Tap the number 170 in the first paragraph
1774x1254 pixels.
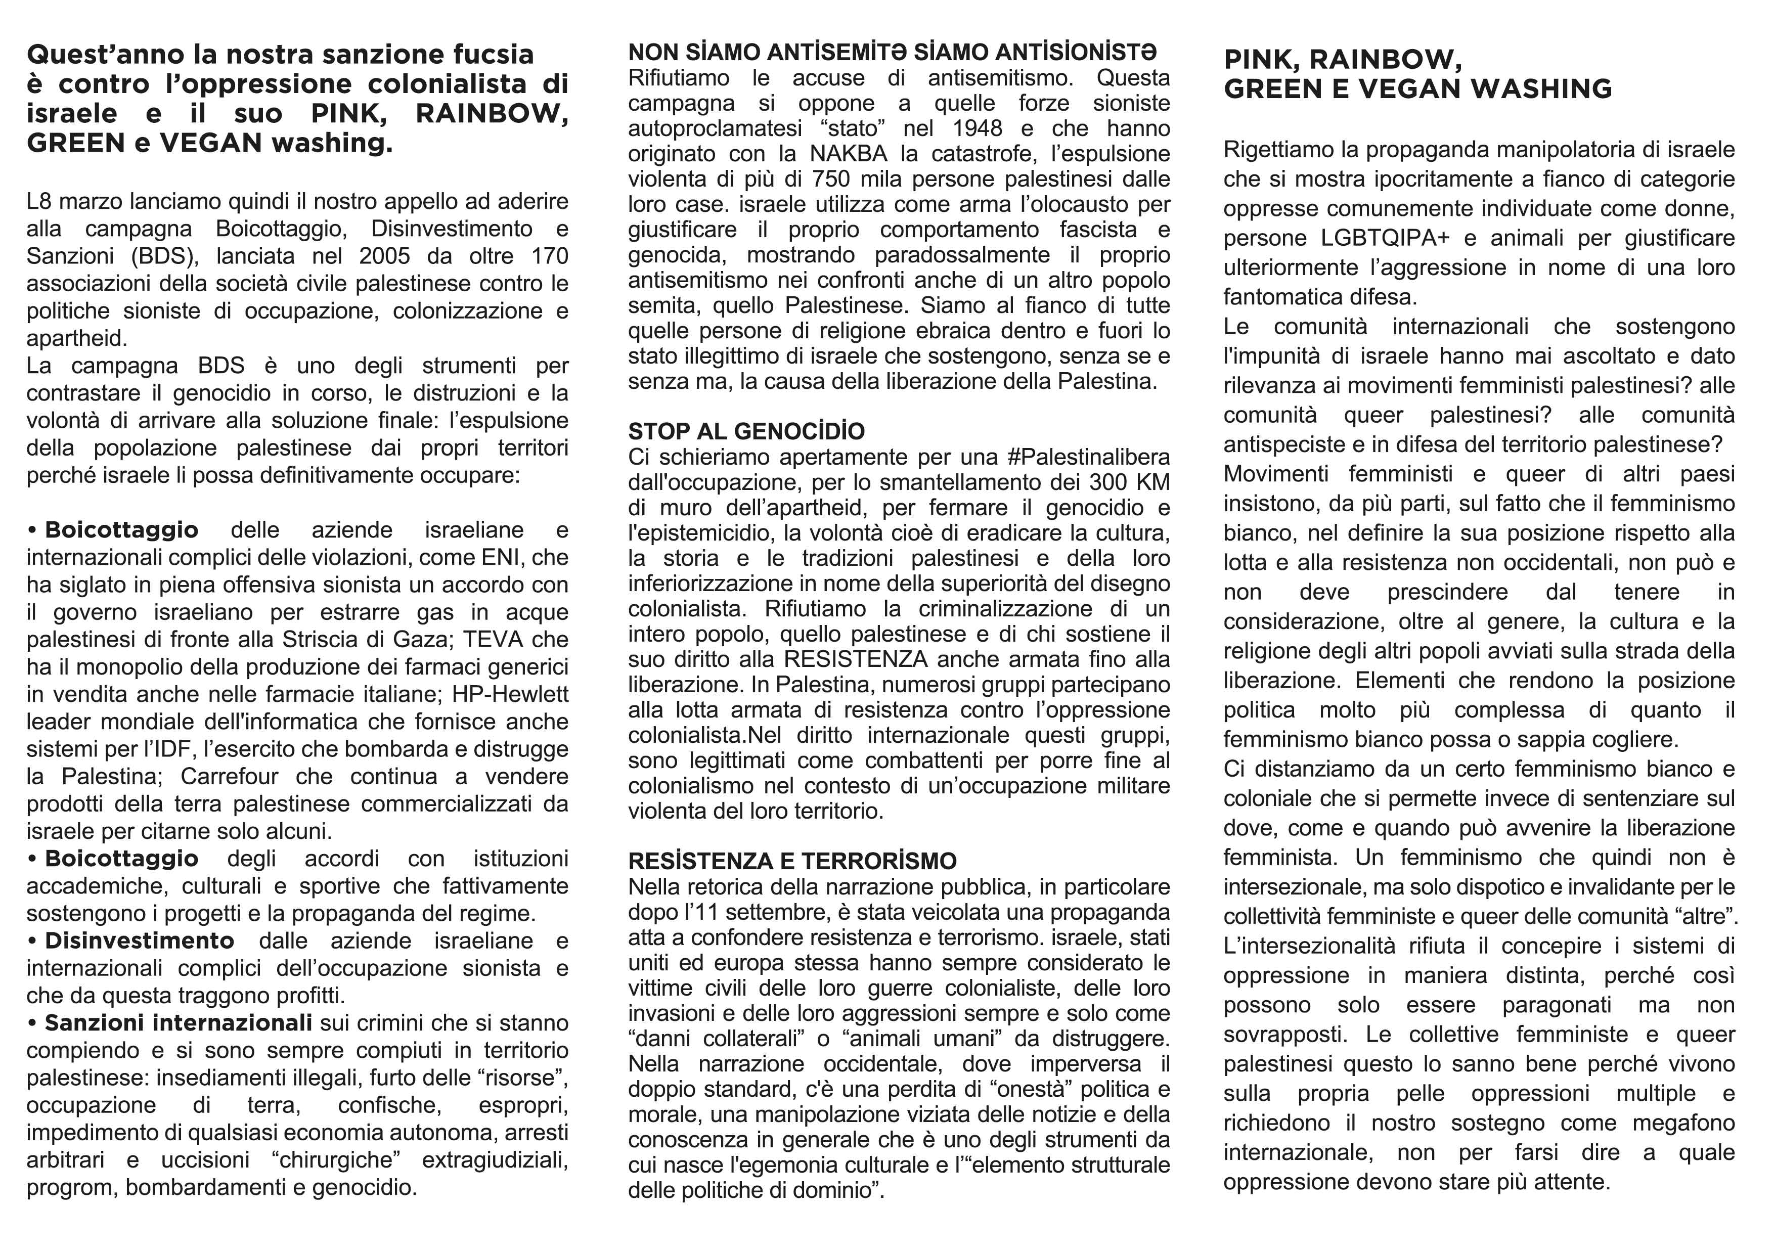pyautogui.click(x=549, y=256)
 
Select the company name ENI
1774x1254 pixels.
pyautogui.click(x=501, y=557)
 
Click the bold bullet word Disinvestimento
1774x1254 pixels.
pyautogui.click(x=139, y=940)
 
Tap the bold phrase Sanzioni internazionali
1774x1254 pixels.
pyautogui.click(x=178, y=1022)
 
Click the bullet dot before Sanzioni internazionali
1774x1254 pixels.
pyautogui.click(x=32, y=1023)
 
